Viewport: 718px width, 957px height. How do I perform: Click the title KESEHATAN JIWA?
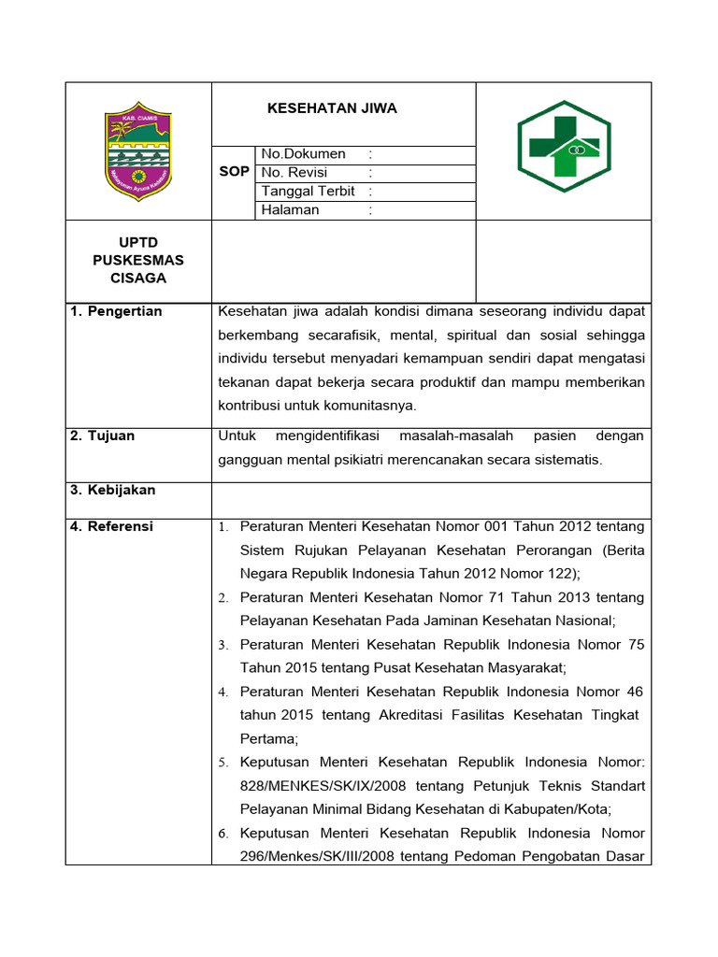332,108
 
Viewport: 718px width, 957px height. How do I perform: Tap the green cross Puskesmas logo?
564,146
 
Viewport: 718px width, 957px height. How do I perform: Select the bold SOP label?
234,173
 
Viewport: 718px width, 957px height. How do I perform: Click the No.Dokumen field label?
303,154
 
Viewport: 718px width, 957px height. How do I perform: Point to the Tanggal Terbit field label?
309,192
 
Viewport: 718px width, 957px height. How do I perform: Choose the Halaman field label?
290,210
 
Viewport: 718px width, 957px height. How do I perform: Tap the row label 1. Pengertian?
116,311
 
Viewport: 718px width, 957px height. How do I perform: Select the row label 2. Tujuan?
103,436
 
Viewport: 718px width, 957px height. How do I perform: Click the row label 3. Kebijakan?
113,491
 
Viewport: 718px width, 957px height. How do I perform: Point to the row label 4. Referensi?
112,527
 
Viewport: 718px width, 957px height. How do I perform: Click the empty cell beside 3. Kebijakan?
431,500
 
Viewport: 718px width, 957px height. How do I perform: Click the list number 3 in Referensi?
223,646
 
